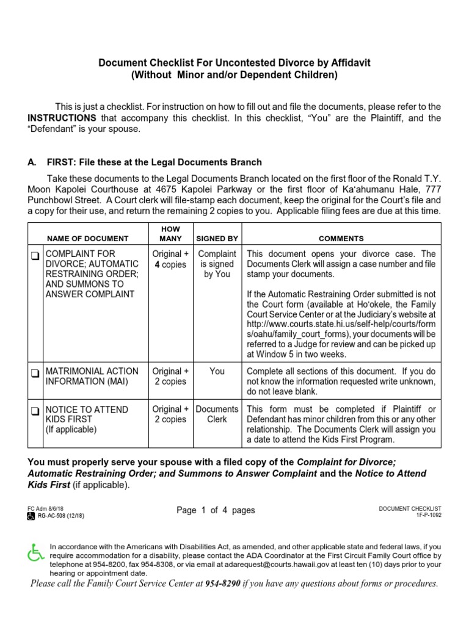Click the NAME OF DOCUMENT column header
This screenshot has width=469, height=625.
tap(88, 239)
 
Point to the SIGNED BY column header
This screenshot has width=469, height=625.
tap(217, 239)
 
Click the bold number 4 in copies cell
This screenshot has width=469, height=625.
tap(157, 265)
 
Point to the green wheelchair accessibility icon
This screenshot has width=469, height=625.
tap(36, 553)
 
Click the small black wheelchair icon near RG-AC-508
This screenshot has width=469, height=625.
tap(31, 516)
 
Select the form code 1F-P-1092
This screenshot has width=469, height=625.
tap(425, 515)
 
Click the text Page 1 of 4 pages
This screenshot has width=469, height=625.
tap(216, 510)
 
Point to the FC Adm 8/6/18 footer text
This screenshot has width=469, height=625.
tap(41, 508)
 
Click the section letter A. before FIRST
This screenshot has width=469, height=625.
tap(32, 162)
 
